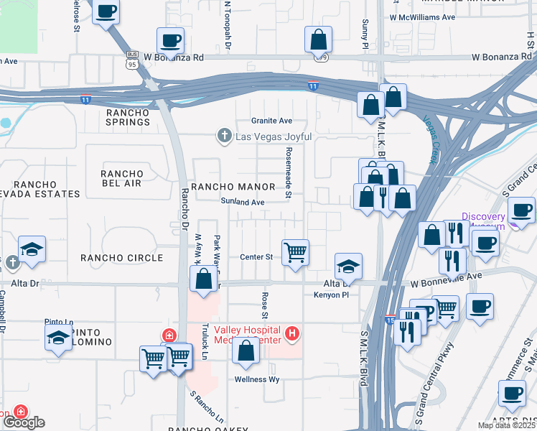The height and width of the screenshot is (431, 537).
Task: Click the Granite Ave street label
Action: [x=271, y=121]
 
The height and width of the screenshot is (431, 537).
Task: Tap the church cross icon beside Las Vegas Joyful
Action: [x=224, y=136]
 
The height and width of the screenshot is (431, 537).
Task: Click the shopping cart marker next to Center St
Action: [x=295, y=253]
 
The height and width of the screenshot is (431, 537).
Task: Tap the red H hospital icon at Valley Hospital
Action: [x=291, y=333]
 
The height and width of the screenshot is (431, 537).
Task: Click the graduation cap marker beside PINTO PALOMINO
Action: [x=58, y=338]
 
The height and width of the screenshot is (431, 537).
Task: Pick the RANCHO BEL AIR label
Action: [x=122, y=179]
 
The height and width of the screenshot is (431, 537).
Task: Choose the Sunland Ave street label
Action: [x=243, y=203]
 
